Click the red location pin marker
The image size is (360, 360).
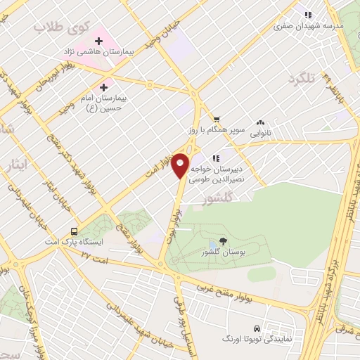181,165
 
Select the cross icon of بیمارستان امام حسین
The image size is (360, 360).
104,88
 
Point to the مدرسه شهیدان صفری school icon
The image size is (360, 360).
308,14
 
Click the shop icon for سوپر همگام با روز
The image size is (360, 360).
217,119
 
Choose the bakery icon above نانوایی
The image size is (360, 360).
260,121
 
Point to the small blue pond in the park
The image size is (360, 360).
213,245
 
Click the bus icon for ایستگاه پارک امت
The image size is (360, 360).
74,232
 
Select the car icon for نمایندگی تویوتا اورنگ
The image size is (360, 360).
257,328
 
